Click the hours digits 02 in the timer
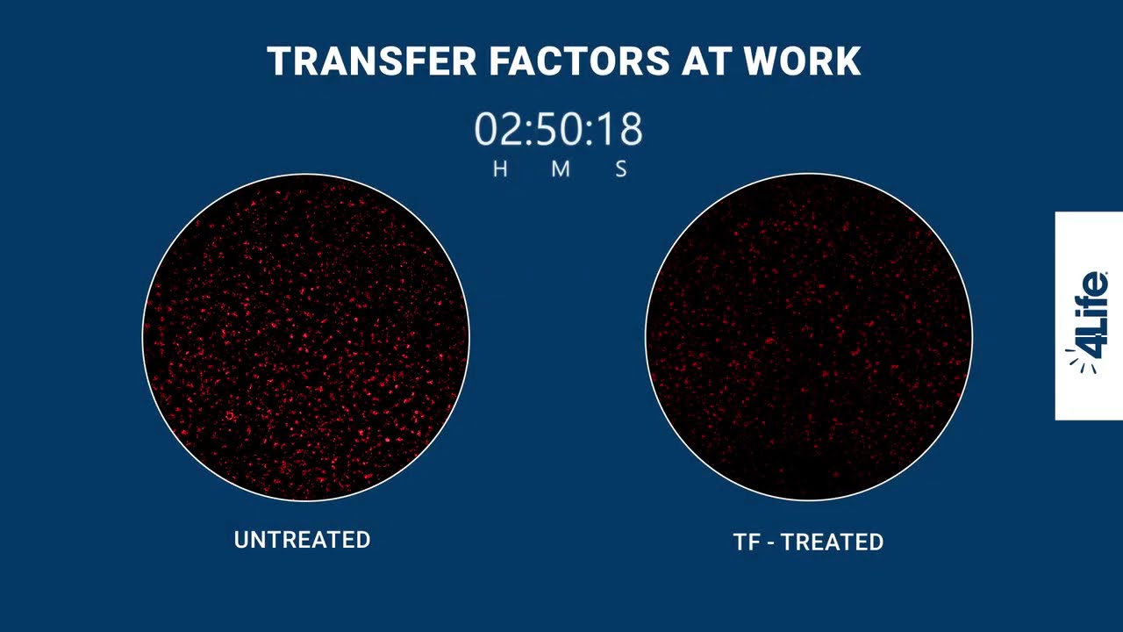498,130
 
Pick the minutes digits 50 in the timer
559,130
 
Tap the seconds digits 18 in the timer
619,130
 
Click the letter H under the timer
500,169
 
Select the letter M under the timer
561,169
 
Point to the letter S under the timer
621,169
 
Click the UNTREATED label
302,540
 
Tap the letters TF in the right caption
747,542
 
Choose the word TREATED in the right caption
833,542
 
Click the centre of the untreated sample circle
305,337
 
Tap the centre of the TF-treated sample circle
809,337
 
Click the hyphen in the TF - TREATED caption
771,543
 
